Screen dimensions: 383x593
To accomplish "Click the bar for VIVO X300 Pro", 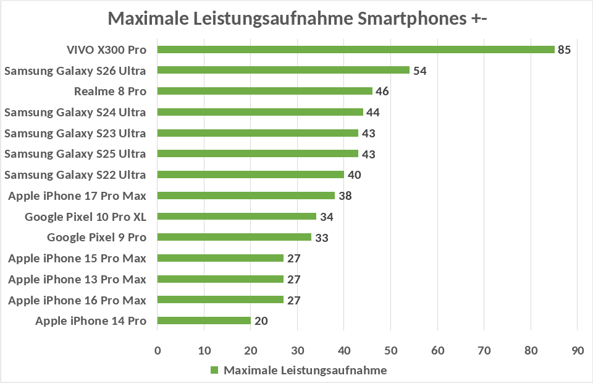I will point(356,49).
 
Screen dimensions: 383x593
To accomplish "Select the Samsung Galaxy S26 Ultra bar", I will point(284,70).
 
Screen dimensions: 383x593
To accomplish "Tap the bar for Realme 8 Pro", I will point(265,91).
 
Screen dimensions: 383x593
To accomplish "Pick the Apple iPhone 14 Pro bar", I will point(204,321).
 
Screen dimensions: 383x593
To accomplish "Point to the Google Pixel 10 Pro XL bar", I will point(237,217).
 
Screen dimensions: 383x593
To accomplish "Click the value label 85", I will point(564,49).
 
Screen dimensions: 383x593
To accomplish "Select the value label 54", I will point(420,71).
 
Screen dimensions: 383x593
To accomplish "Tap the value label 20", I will point(261,321).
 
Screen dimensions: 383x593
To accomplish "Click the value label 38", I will point(345,196).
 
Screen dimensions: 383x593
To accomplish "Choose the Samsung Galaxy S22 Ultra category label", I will point(75,174).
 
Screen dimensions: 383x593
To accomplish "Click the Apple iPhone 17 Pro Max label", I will point(77,196).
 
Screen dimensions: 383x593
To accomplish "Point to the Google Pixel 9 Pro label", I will point(96,237).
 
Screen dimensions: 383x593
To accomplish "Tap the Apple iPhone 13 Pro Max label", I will point(77,279).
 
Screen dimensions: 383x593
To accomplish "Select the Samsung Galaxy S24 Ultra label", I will point(75,112).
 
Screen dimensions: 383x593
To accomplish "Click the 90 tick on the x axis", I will point(578,351).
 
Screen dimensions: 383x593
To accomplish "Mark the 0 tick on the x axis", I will point(158,351).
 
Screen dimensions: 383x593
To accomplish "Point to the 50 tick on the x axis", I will point(391,351).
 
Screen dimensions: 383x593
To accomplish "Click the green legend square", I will point(215,370).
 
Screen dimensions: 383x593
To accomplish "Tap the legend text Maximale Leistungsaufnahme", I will point(305,370).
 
